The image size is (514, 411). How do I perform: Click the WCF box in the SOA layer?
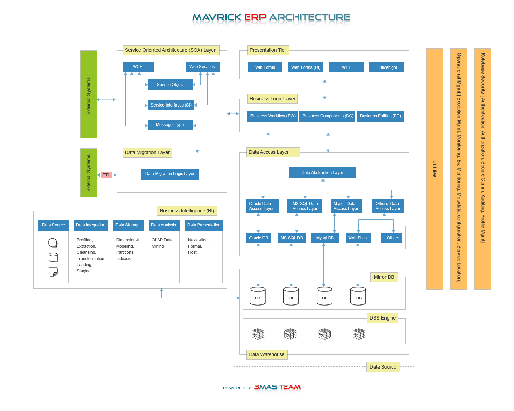138,67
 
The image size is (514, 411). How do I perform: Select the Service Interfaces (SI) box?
171,105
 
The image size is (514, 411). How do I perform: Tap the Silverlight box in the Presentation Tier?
387,67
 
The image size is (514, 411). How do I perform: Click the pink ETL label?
106,175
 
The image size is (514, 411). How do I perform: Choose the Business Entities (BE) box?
380,116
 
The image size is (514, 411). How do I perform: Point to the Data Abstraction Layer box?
322,173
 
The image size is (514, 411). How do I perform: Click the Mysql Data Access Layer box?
346,206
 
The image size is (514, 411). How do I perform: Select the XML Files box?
358,238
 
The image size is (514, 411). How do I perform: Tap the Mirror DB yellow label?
384,277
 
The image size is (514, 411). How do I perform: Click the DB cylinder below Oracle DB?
258,296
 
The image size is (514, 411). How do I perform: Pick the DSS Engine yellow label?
382,318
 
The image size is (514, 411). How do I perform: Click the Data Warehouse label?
267,354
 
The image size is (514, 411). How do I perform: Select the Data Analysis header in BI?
164,225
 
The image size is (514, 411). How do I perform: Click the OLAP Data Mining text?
162,243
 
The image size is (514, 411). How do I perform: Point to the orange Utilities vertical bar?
435,169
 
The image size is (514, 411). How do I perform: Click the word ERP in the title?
255,17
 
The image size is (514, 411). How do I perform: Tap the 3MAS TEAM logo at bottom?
277,387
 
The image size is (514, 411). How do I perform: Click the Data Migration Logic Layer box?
170,174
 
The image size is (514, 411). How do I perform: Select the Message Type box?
170,125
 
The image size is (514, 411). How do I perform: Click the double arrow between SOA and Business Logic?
233,114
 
